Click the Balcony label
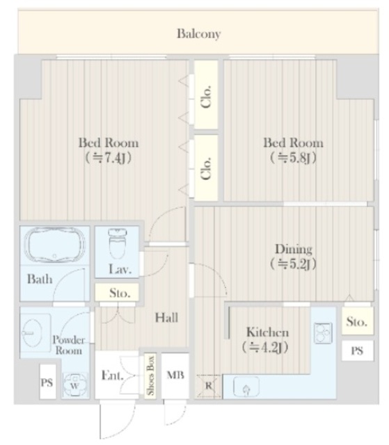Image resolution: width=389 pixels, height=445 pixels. point(198,33)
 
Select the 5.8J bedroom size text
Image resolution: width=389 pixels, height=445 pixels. point(292,157)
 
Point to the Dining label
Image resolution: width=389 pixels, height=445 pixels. point(292,249)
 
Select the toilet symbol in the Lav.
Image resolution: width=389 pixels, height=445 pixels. point(116,245)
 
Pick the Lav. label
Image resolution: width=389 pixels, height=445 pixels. point(117,269)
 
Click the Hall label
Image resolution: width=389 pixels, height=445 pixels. point(166,318)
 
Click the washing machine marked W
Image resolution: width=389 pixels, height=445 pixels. point(74,383)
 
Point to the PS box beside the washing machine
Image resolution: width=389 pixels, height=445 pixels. point(47,383)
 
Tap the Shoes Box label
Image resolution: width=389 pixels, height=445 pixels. point(149,376)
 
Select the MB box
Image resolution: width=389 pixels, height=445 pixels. point(174,376)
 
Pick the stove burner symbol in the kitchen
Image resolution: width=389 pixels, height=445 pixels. point(322,334)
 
